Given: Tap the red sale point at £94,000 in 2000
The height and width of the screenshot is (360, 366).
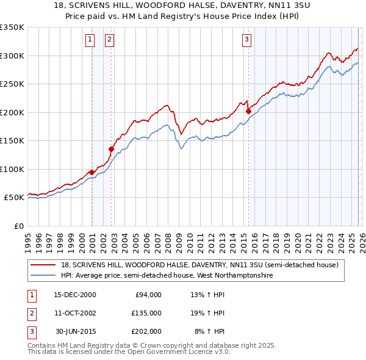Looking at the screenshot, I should tap(91, 172).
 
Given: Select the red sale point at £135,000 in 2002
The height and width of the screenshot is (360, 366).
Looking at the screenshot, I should tap(112, 149).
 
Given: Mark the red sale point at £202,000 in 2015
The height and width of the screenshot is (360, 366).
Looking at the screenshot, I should tap(248, 112).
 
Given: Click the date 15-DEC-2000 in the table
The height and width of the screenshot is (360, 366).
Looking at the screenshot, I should tap(75, 295).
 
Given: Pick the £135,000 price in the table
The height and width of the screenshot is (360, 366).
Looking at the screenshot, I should tap(146, 313).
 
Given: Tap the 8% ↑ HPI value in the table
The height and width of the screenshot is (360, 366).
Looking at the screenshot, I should tap(209, 331).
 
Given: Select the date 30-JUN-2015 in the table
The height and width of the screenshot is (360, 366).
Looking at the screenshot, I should tap(75, 331).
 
